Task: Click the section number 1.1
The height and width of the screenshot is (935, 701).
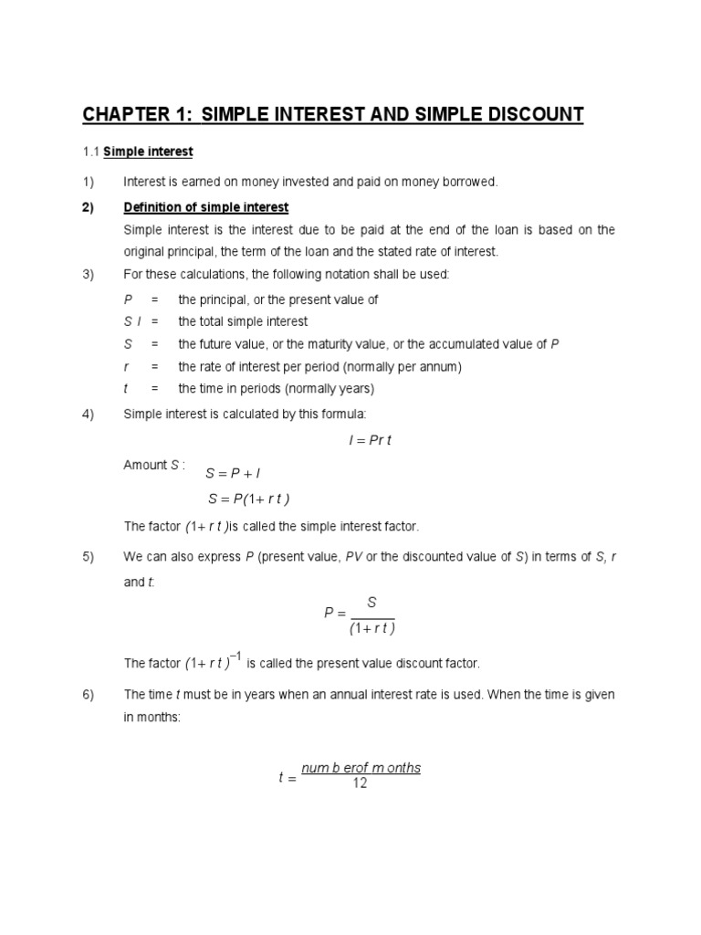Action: click(x=90, y=151)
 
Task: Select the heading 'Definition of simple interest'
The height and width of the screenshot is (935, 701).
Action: click(x=206, y=206)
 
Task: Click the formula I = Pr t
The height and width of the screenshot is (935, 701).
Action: click(x=369, y=440)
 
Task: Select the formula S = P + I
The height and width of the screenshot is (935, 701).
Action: click(x=234, y=474)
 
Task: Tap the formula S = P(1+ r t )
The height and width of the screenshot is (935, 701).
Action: click(x=248, y=499)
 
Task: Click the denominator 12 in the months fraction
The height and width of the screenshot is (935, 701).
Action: click(x=360, y=783)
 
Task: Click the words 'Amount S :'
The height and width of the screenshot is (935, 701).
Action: click(x=154, y=465)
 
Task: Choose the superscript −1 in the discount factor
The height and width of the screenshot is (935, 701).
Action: click(x=235, y=656)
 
